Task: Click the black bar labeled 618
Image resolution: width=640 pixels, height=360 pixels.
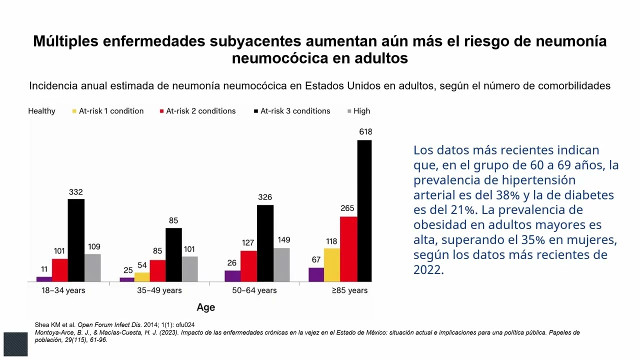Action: (364, 211)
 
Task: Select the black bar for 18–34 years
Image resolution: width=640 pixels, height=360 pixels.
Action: (76, 240)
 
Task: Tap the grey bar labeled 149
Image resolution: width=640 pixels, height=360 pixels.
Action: (281, 264)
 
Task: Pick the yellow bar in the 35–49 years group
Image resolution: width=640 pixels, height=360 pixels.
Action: (142, 277)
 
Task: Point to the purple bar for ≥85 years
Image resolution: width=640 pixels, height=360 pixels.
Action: (316, 274)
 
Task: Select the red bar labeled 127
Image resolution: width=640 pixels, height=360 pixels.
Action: (248, 266)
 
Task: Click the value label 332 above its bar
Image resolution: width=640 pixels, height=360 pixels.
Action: (76, 192)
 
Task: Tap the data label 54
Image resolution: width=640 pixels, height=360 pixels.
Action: (142, 265)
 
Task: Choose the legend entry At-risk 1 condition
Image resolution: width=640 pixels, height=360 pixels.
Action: (110, 111)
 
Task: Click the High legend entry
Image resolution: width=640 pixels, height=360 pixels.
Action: (361, 111)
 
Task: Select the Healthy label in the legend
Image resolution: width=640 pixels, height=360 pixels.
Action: (41, 111)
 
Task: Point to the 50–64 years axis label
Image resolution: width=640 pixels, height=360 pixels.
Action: (254, 290)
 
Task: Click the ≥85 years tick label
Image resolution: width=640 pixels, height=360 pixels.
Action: (349, 290)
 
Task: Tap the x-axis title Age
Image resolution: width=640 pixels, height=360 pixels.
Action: (205, 307)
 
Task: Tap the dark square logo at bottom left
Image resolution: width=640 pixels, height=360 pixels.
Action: (15, 344)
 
